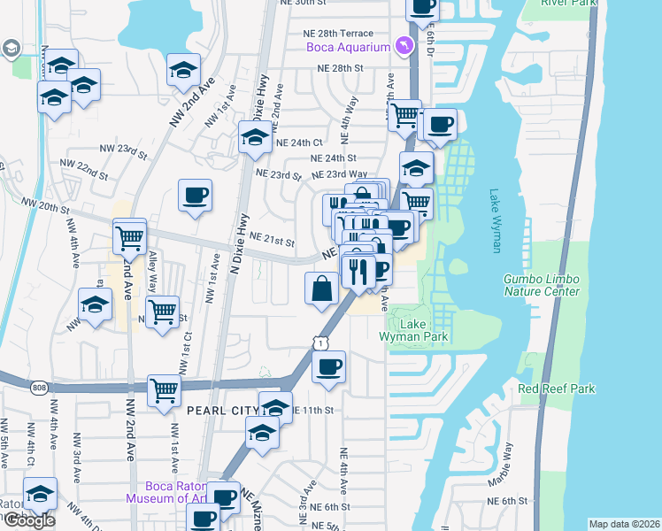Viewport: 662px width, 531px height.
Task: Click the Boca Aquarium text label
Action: point(348,47)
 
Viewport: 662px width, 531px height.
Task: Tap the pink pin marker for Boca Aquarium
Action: point(404,45)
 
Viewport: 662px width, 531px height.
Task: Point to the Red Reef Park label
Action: point(557,389)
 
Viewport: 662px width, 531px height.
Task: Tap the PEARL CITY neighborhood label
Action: point(221,411)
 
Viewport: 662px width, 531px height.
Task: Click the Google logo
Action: point(28,520)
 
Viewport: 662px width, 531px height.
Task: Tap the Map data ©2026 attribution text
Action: point(623,524)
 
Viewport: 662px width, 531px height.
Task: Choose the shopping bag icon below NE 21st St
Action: point(320,289)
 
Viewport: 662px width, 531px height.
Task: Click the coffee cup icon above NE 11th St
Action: point(328,367)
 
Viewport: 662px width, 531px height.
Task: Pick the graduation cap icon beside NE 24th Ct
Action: point(255,138)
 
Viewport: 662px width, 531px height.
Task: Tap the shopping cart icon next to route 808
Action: point(164,390)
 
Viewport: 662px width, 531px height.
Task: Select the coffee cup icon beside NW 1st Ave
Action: point(195,196)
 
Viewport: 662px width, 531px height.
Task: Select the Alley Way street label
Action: point(152,266)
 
